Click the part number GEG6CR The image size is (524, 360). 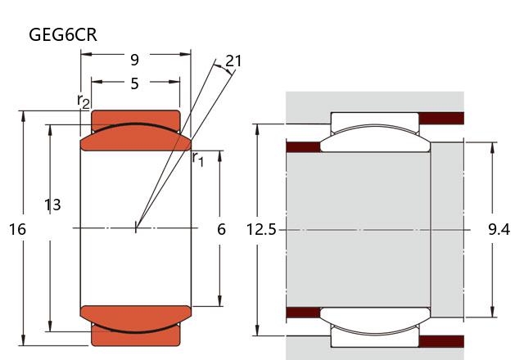(63, 35)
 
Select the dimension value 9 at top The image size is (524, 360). (134, 60)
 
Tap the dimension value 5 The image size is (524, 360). (134, 83)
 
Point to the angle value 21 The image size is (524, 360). (233, 61)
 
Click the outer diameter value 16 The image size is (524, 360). (17, 230)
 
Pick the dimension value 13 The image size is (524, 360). (52, 205)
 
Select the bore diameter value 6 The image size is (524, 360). (221, 230)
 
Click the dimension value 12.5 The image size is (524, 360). (261, 230)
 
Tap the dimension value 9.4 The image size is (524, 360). (499, 230)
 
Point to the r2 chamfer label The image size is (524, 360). (84, 101)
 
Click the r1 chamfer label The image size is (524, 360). (197, 158)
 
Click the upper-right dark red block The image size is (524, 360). (441, 118)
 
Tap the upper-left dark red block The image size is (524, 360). (302, 147)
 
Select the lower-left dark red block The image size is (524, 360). (302, 312)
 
